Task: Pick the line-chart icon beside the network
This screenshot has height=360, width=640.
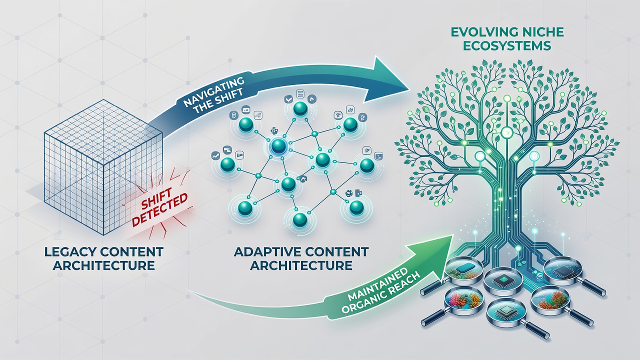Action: [x=215, y=155]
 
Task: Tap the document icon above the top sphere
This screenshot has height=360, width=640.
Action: [x=299, y=93]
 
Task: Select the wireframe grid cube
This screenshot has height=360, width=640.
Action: [x=103, y=167]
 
